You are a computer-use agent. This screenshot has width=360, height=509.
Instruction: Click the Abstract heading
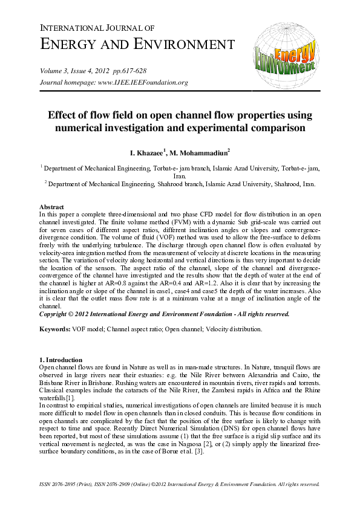pyautogui.click(x=51, y=207)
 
